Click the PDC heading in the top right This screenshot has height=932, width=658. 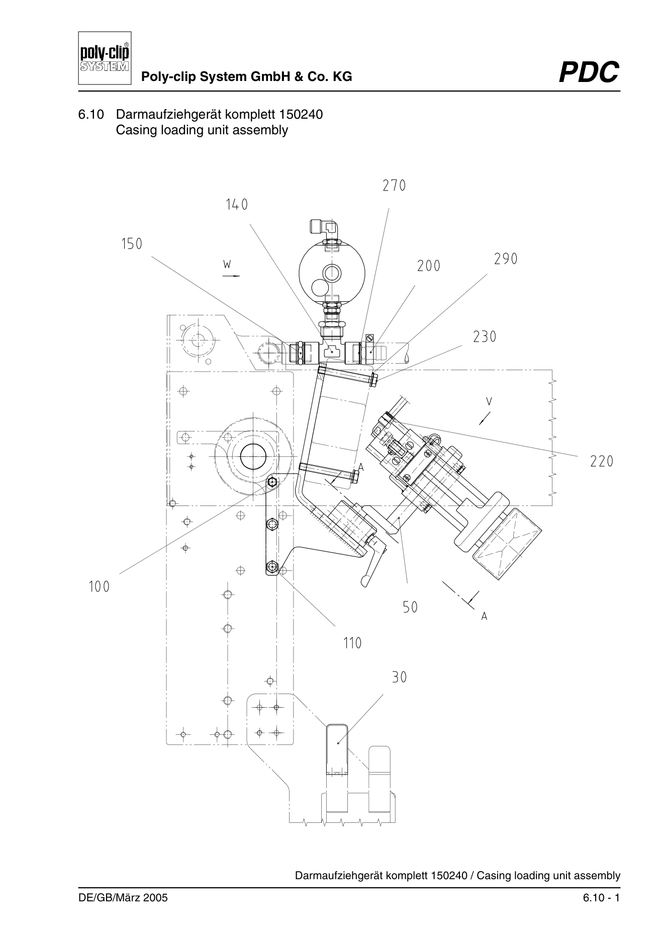point(589,72)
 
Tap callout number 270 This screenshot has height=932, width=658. point(394,186)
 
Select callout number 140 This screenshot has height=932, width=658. point(237,205)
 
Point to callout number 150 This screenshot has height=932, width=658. point(132,244)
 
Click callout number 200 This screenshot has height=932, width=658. point(429,266)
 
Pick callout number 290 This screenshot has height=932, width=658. point(506,259)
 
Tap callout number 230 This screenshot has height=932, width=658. point(485,337)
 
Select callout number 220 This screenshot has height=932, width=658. point(602,461)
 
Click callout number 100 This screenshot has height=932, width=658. point(99,587)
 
